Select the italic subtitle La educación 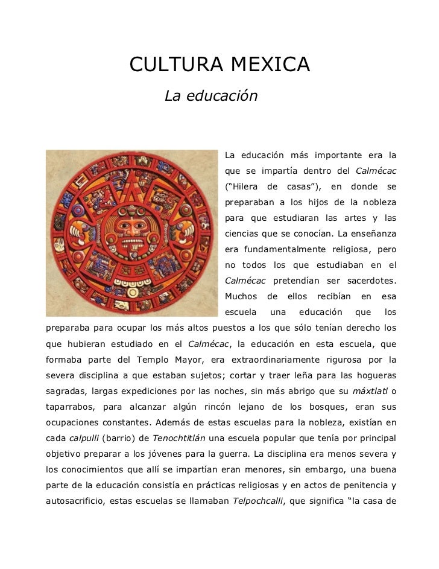click(x=211, y=96)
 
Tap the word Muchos click(x=241, y=296)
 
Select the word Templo click(x=168, y=360)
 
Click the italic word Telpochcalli click(x=257, y=501)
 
